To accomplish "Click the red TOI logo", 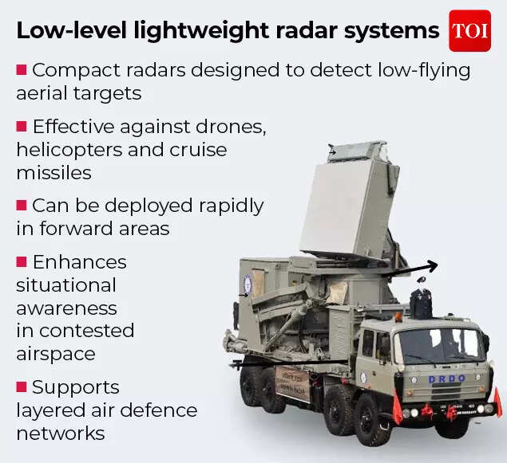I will click(469, 30).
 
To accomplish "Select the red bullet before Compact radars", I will click(22, 70).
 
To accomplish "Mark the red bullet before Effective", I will click(22, 126).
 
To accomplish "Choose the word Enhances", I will click(79, 261).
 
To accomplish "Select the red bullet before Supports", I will click(22, 387).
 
